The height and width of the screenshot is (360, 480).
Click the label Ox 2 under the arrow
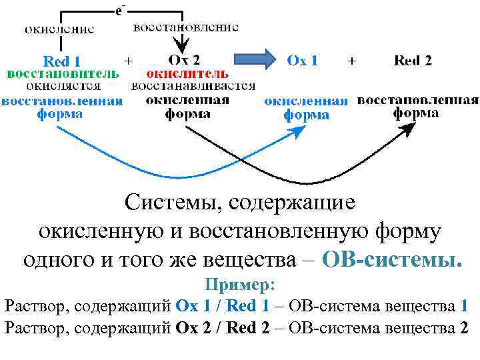click(x=184, y=60)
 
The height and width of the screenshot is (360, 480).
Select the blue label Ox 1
click(x=302, y=61)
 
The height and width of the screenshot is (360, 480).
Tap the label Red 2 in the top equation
click(x=413, y=61)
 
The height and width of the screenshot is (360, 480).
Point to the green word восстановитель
click(x=63, y=73)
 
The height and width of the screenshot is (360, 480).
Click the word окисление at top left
click(x=59, y=29)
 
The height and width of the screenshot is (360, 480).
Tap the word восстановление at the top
click(x=186, y=28)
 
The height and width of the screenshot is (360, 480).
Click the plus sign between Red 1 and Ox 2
click(x=128, y=60)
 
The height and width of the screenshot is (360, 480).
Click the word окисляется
click(x=63, y=86)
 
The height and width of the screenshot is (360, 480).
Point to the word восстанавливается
click(x=193, y=86)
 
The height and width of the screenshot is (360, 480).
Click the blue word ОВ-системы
click(x=391, y=257)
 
